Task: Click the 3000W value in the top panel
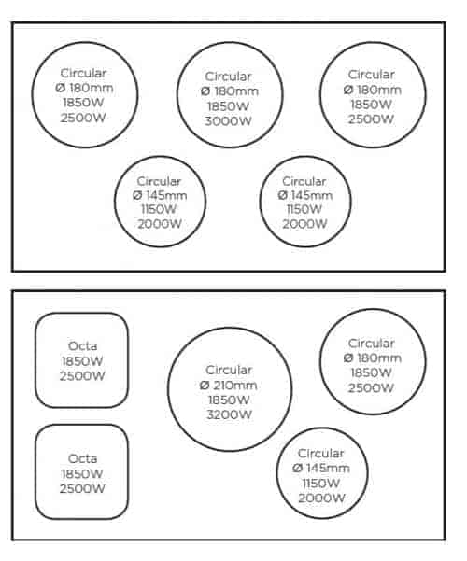click(228, 121)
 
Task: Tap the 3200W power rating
click(230, 414)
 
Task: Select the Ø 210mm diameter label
click(228, 385)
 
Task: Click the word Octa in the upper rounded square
click(82, 346)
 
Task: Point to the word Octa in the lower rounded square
click(82, 458)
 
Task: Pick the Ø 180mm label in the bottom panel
click(372, 358)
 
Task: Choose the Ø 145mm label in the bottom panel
click(321, 468)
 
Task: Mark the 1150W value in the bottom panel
click(320, 484)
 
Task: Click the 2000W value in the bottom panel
click(321, 498)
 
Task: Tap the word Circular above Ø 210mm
click(229, 370)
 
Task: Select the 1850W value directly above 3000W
click(228, 106)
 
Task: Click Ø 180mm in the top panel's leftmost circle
click(84, 88)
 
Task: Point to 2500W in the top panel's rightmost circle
click(371, 119)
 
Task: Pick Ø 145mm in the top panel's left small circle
click(160, 195)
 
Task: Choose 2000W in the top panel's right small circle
click(304, 224)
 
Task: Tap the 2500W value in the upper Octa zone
click(82, 376)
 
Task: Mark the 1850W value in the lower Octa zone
click(82, 474)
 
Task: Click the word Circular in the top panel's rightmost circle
click(372, 75)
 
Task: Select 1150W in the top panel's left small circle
click(159, 209)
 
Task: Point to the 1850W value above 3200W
click(229, 400)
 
